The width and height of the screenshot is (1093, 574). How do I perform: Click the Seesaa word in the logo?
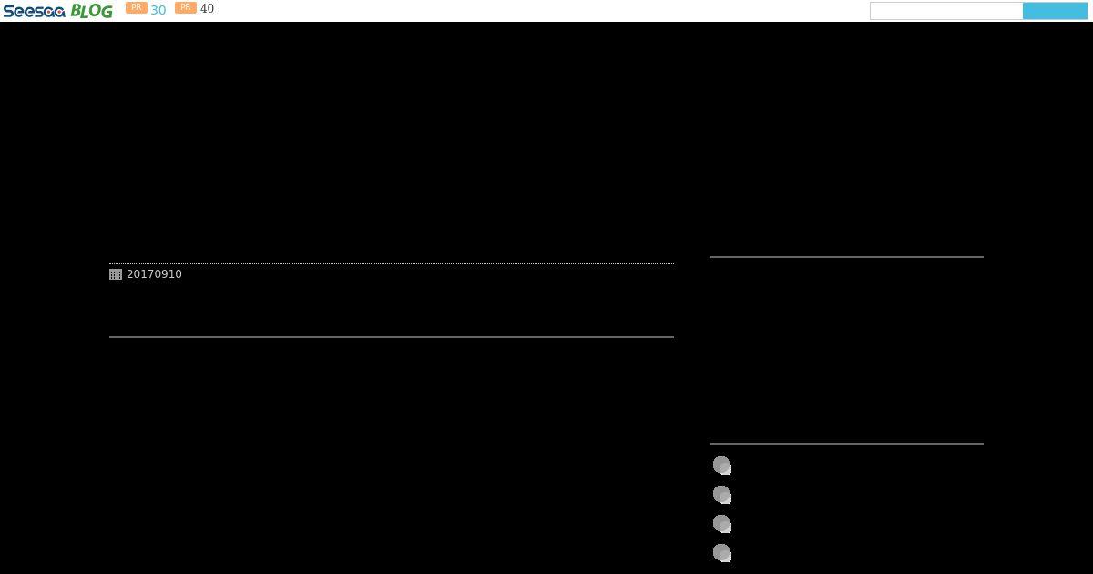35,11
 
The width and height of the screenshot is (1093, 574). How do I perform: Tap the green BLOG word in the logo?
92,11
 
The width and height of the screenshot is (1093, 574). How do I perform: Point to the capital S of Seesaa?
9,11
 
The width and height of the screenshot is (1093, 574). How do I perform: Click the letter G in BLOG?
107,11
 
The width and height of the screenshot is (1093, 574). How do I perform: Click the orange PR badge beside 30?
136,7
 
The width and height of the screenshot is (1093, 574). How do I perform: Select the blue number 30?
158,10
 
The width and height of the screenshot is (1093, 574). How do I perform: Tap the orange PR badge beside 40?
186,7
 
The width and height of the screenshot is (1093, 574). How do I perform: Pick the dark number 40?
207,8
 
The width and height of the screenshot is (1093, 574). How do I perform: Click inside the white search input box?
946,11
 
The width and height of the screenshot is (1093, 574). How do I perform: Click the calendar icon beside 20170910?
116,274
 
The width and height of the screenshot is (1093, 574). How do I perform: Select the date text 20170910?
154,274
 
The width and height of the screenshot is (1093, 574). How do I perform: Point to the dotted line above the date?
392,263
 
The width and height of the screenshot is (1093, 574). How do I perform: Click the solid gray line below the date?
392,337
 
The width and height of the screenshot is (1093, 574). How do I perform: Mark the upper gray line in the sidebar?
847,257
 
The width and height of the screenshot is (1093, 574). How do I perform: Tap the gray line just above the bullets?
847,444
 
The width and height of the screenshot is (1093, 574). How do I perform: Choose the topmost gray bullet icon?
722,466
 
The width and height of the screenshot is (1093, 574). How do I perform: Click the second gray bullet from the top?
722,495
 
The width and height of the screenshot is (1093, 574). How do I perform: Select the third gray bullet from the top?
722,524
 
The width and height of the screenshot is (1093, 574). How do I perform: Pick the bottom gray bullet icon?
722,553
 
